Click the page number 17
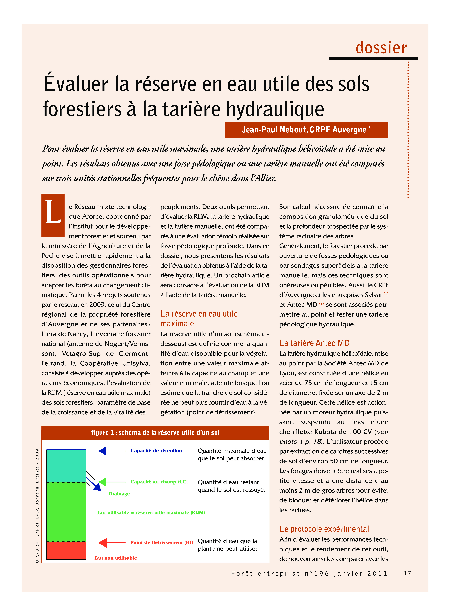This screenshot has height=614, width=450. coord(407,573)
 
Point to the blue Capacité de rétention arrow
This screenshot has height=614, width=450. coord(112,451)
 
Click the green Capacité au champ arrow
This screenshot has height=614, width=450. coord(112,482)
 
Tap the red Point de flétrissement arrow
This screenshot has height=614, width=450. coord(112,543)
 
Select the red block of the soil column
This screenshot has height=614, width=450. coord(66,550)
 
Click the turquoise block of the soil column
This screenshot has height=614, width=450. coord(66,466)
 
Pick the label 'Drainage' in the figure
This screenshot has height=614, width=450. coord(119,494)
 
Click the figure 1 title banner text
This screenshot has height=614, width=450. coord(155,432)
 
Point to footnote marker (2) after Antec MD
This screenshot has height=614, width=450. coord(321,303)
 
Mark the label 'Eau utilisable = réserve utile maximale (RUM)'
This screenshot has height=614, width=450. coord(151,513)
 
